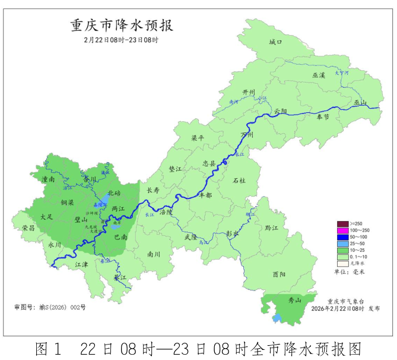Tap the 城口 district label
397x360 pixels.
[275, 42]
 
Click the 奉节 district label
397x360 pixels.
[323, 117]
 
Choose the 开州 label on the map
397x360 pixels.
[249, 93]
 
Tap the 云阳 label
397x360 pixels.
[280, 111]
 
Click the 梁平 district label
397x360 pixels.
[197, 138]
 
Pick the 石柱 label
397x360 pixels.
[239, 179]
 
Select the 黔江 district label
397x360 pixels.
[272, 228]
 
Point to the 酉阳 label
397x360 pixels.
[279, 274]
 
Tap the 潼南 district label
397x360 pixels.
[49, 178]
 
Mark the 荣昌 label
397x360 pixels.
[28, 228]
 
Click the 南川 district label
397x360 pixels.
[154, 254]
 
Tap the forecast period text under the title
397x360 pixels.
[122, 40]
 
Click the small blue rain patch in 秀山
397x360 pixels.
[276, 318]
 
